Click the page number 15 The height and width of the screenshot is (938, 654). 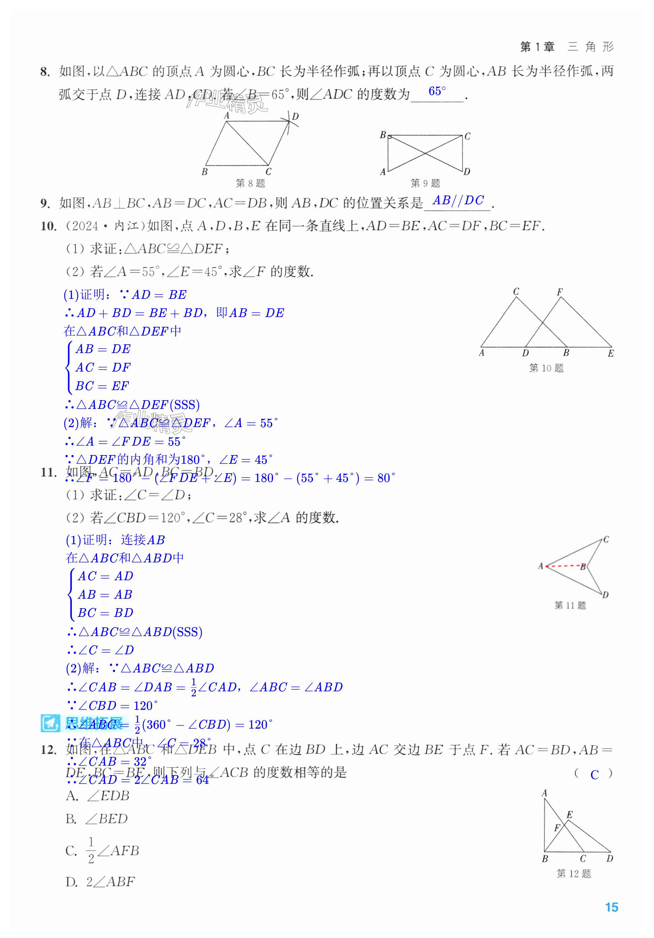pyautogui.click(x=611, y=907)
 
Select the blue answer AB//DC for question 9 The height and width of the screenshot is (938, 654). pyautogui.click(x=458, y=200)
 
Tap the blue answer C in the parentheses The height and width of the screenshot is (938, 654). pyautogui.click(x=594, y=774)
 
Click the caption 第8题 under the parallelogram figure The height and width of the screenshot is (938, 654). pyautogui.click(x=250, y=183)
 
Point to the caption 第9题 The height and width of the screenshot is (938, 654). pyautogui.click(x=425, y=183)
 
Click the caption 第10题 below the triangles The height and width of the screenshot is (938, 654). pyautogui.click(x=546, y=368)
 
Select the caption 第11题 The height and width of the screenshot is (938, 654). pyautogui.click(x=570, y=605)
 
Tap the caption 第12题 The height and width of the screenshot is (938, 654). pyautogui.click(x=573, y=874)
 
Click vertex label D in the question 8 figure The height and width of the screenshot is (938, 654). pyautogui.click(x=295, y=116)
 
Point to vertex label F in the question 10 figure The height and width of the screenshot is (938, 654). pyautogui.click(x=560, y=292)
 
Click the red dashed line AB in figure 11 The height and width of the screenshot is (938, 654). pyautogui.click(x=564, y=566)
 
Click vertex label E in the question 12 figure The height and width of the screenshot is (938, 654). pyautogui.click(x=569, y=814)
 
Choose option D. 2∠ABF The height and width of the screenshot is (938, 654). pyautogui.click(x=100, y=882)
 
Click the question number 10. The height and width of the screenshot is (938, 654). pyautogui.click(x=48, y=226)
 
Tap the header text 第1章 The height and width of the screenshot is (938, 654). pyautogui.click(x=537, y=47)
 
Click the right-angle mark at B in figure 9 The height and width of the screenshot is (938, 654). pyautogui.click(x=390, y=137)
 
